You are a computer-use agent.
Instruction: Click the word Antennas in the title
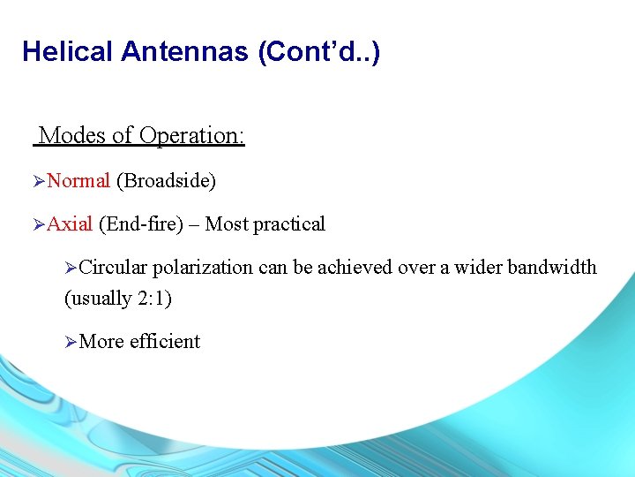coord(186,52)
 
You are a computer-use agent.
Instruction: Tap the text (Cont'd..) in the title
coord(319,52)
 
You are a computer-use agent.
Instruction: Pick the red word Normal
coord(78,181)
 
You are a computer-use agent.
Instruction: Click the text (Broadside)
coord(166,181)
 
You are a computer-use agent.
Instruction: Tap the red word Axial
coord(70,224)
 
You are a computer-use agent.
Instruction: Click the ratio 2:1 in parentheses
coord(151,299)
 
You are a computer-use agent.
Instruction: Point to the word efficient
coord(165,342)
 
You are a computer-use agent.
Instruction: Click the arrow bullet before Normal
coord(38,182)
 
